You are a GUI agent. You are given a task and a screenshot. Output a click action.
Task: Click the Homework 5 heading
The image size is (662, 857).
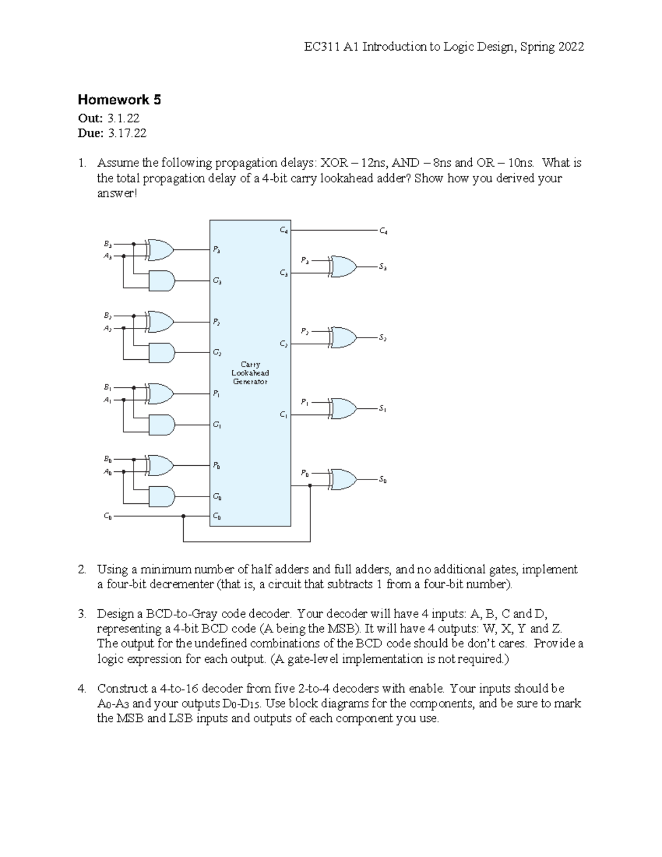tap(119, 100)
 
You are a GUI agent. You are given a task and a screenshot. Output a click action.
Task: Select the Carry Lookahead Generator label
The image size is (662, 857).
tap(250, 373)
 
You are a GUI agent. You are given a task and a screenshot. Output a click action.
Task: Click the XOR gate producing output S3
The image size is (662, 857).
tap(342, 266)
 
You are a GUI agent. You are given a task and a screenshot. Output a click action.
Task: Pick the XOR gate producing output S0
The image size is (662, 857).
tap(342, 480)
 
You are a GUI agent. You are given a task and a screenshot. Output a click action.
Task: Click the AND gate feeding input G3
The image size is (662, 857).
tap(162, 281)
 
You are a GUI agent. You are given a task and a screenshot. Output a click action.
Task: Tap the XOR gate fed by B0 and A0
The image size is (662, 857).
tap(161, 465)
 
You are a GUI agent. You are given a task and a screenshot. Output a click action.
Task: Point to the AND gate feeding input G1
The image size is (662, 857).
tap(162, 424)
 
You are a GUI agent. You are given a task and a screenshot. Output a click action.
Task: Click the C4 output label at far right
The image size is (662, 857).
tap(383, 232)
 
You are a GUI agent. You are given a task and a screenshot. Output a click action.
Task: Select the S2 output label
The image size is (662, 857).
tap(382, 338)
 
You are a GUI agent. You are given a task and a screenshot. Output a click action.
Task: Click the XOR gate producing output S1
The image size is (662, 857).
tap(342, 408)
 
